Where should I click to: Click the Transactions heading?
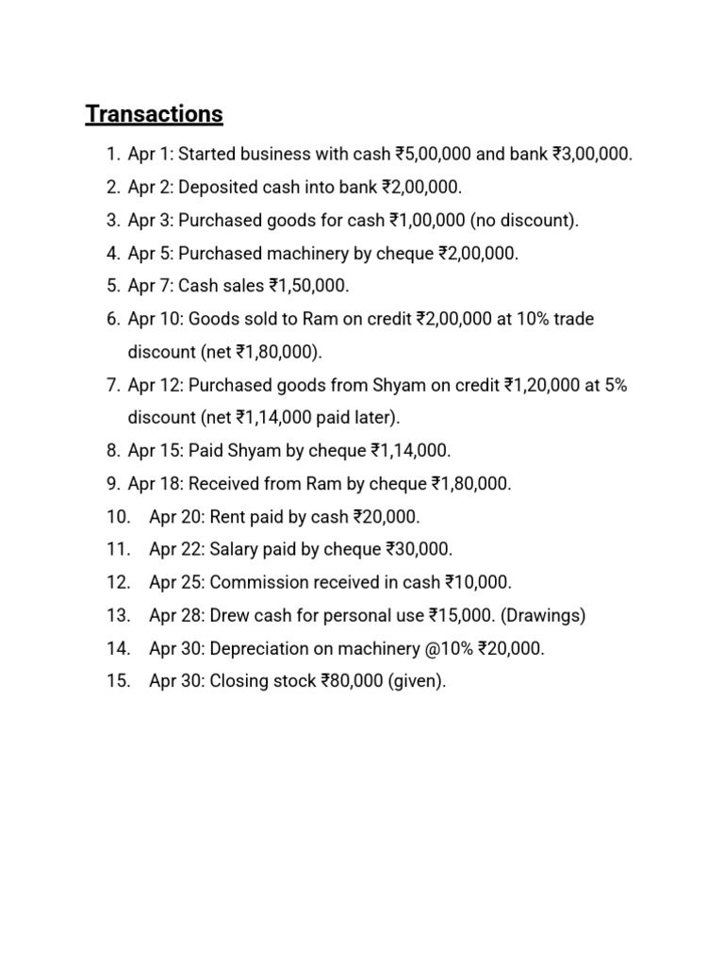154,114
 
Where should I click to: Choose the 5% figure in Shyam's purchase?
613,385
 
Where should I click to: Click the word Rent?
227,516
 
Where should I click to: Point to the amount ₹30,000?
420,549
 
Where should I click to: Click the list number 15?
118,681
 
